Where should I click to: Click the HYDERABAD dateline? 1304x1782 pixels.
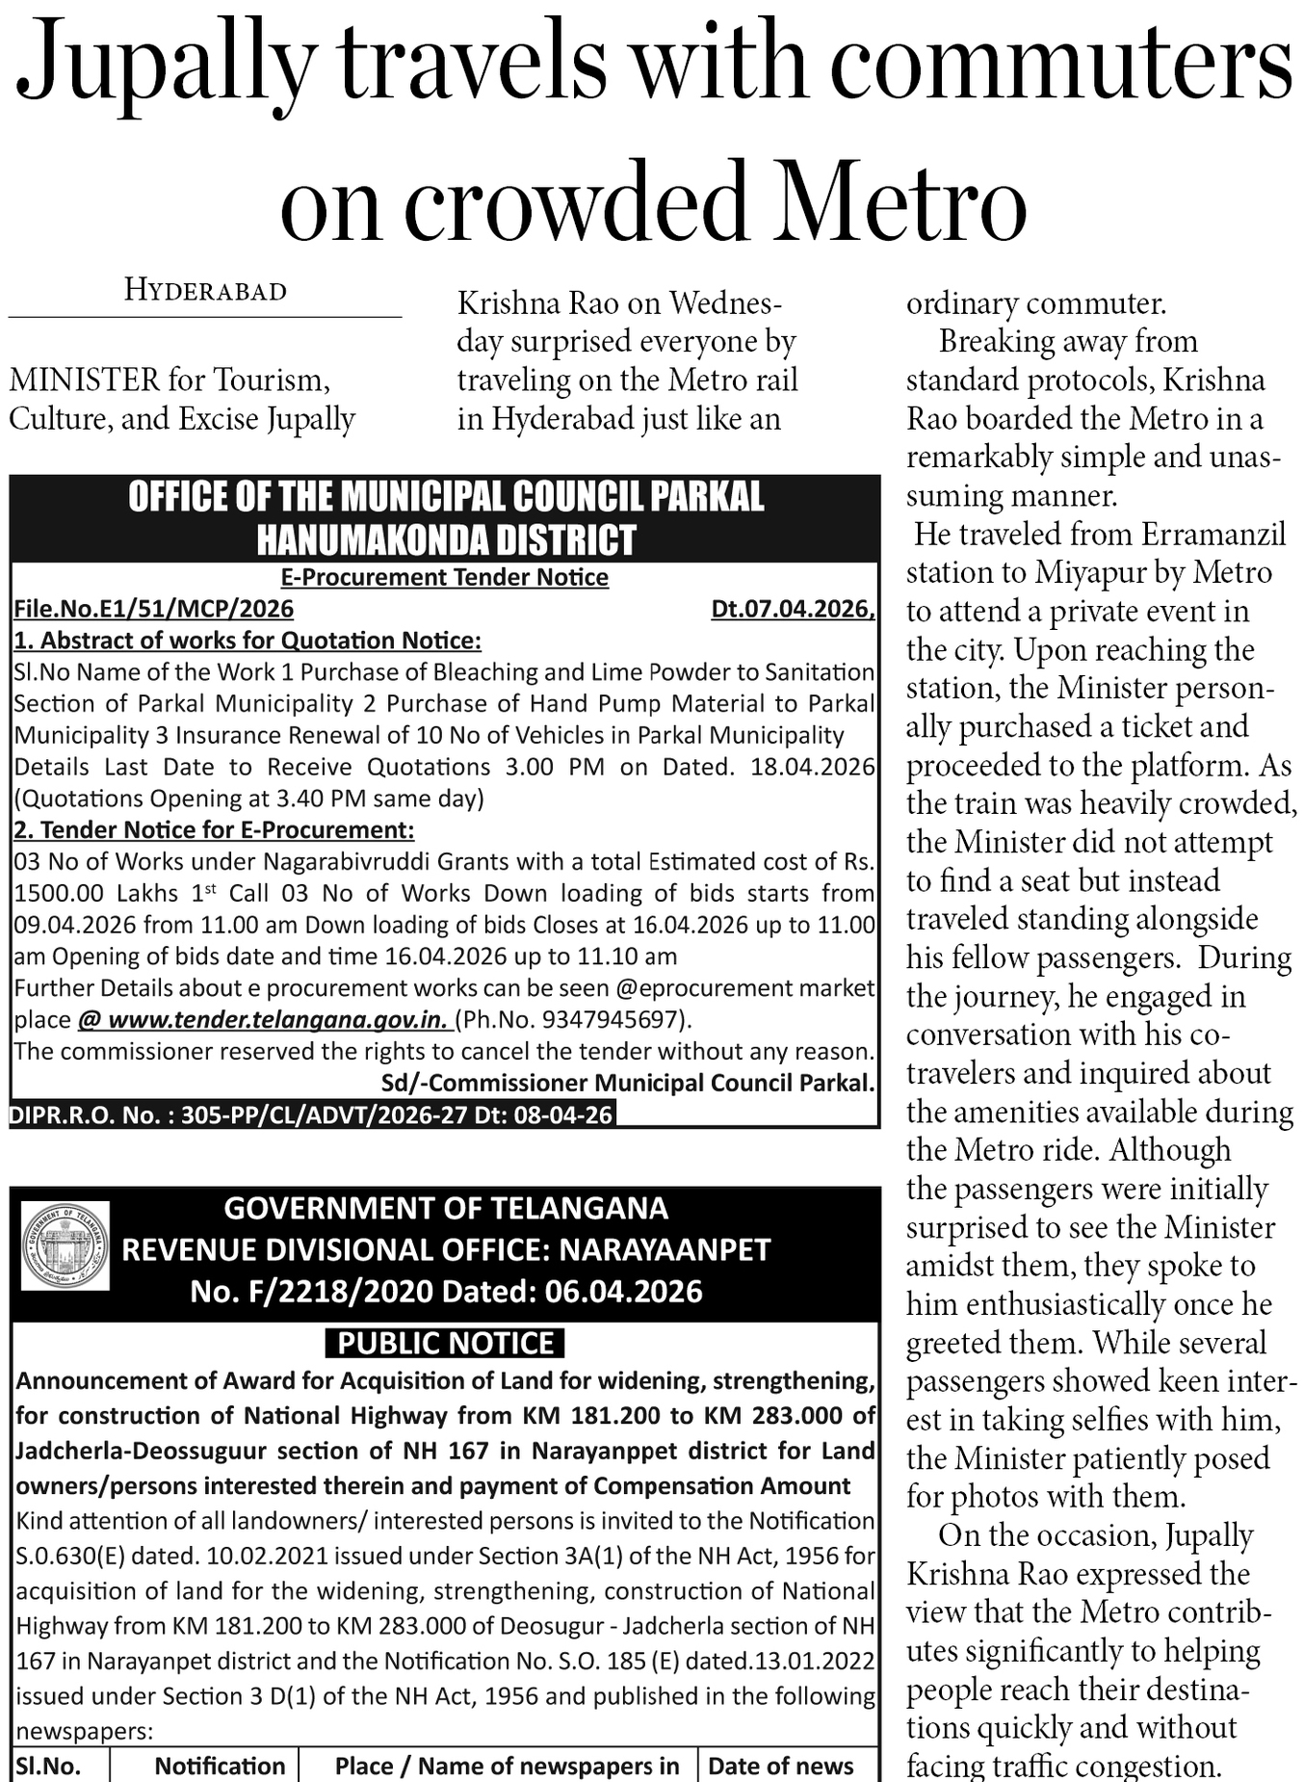pos(205,291)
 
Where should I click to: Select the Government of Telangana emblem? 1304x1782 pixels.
pos(65,1245)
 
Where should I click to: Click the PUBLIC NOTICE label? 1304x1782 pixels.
pos(445,1343)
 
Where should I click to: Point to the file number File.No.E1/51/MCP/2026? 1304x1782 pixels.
pos(154,609)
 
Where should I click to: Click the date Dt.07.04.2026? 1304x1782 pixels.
pos(792,609)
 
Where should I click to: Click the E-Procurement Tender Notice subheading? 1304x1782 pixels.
pos(445,577)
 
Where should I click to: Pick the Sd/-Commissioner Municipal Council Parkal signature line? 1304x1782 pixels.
pos(627,1083)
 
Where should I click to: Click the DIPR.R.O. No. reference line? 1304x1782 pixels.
pos(311,1114)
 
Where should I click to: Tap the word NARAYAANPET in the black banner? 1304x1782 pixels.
pos(665,1249)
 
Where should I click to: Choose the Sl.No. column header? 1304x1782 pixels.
pos(48,1766)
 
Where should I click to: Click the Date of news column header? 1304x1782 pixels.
pos(780,1766)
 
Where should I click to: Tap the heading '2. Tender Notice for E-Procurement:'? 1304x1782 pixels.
pos(214,829)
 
